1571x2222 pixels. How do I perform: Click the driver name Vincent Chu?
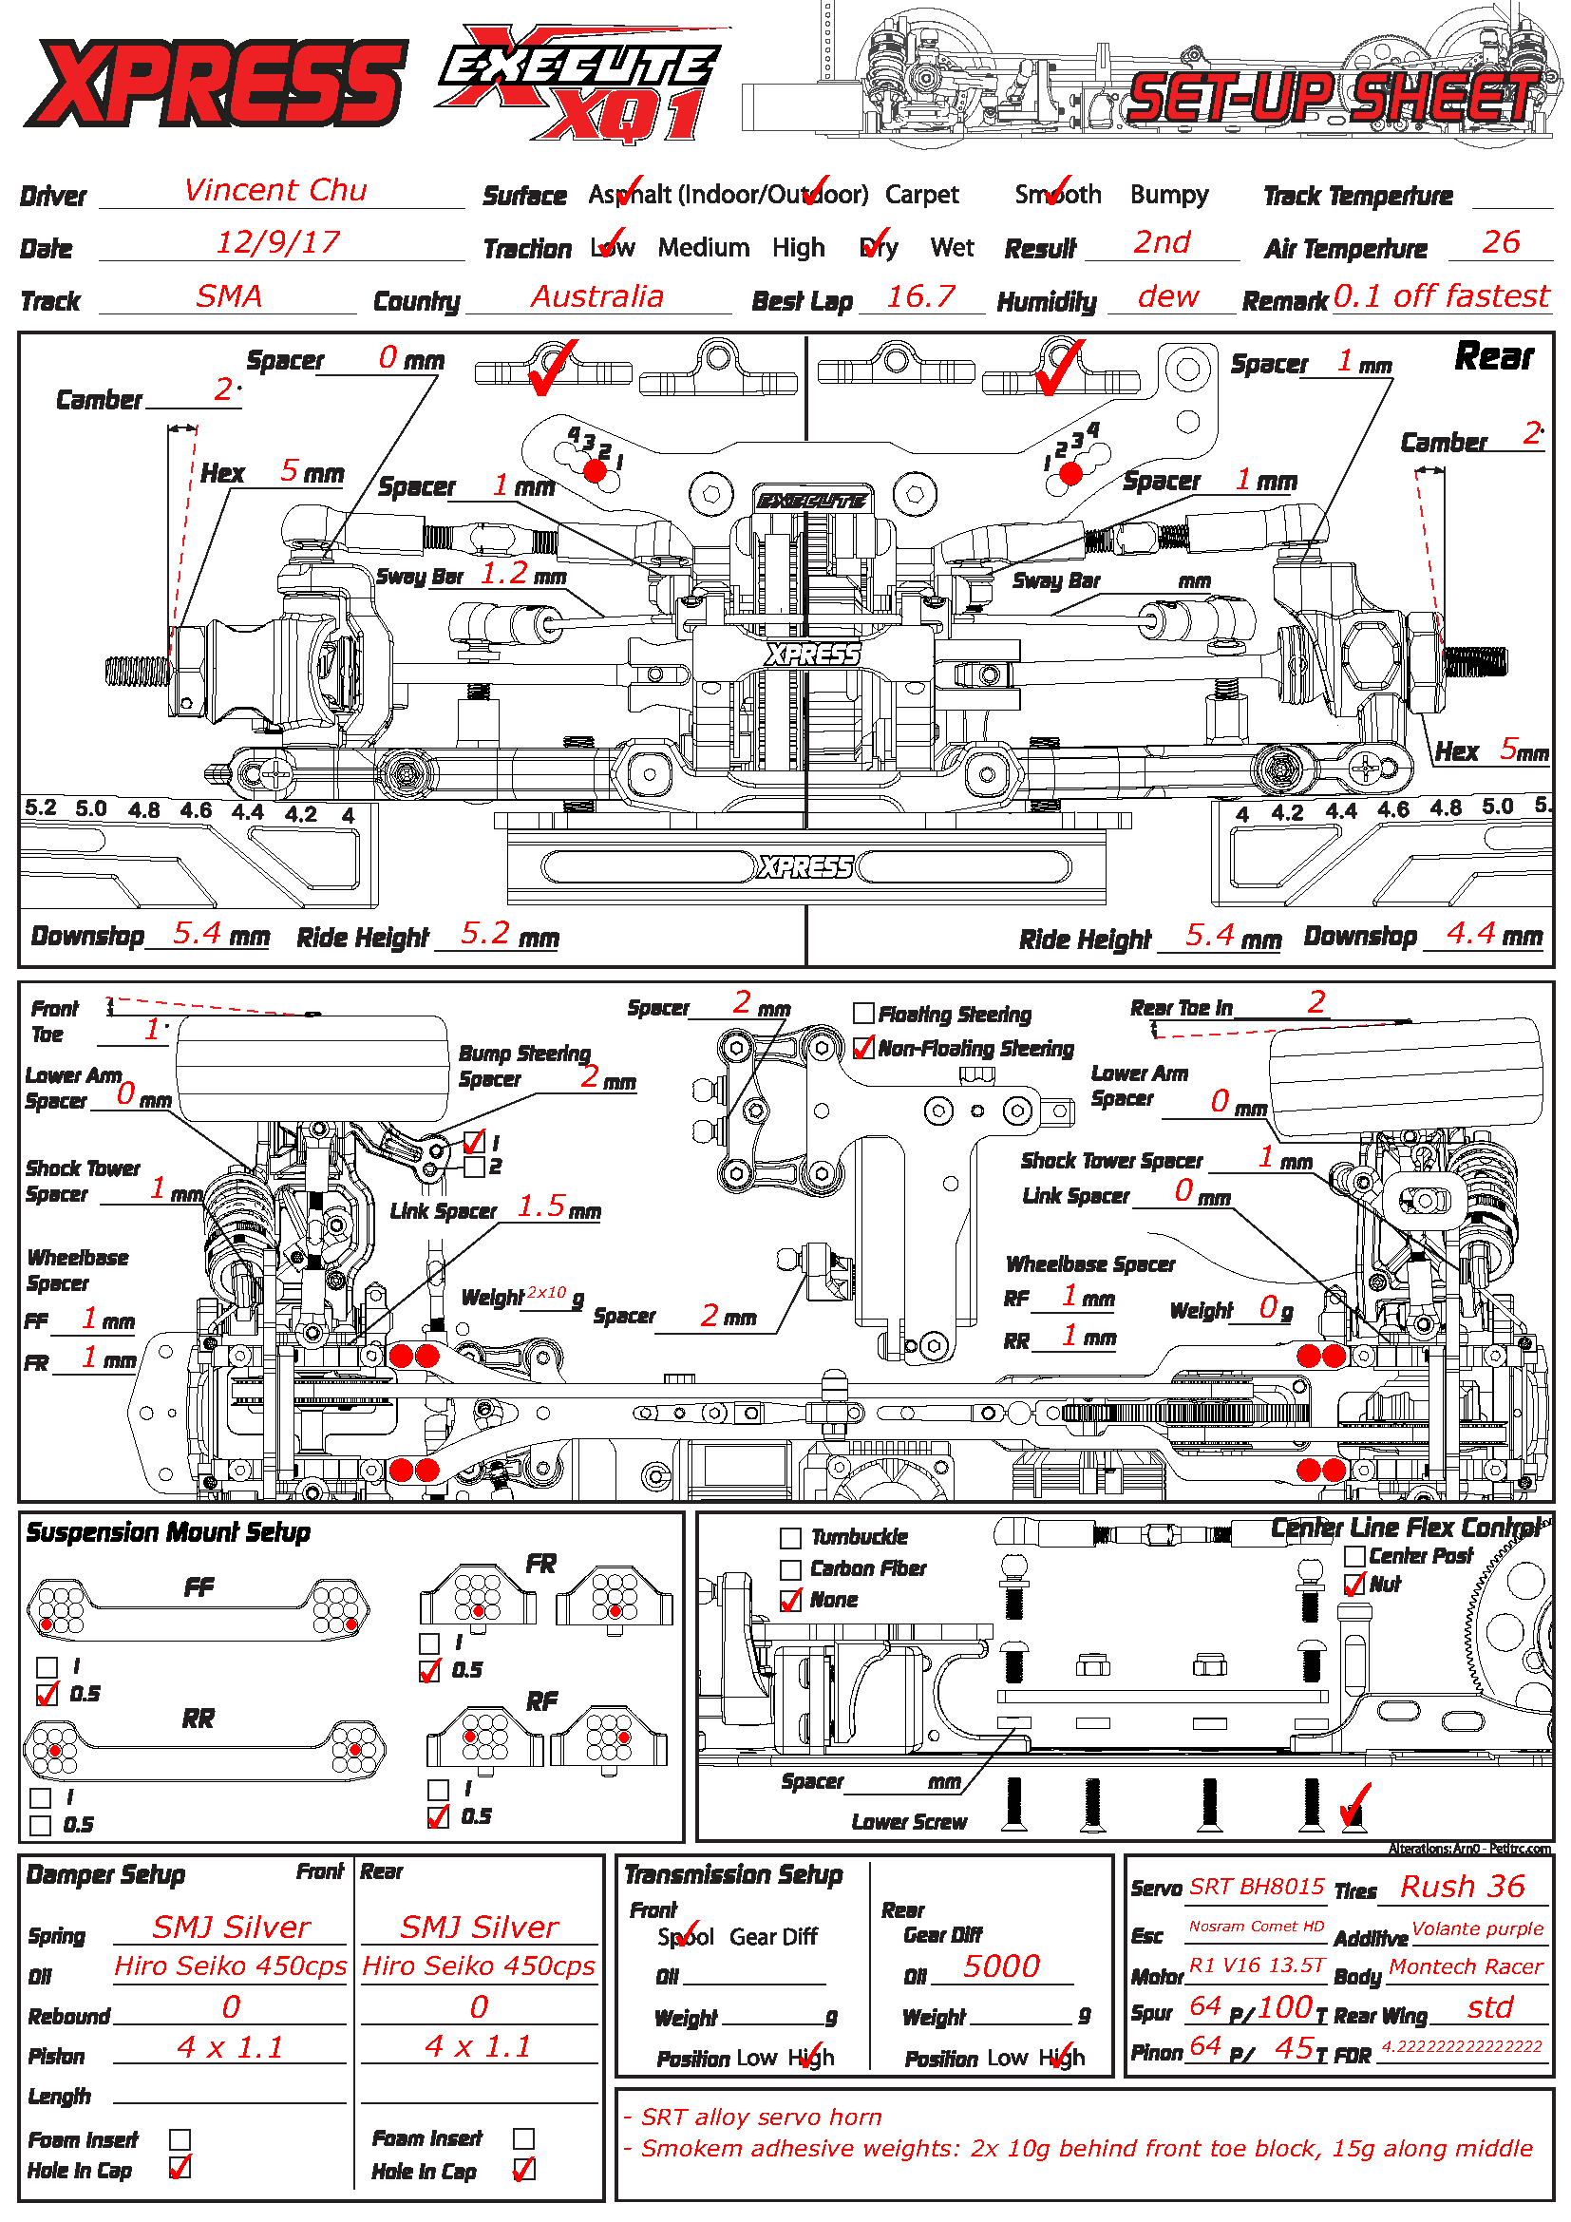pos(275,190)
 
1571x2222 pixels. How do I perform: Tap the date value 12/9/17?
pos(277,242)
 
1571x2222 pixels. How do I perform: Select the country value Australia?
pos(596,296)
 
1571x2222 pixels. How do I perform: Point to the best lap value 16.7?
pos(920,296)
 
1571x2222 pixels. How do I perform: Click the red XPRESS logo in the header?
pos(215,83)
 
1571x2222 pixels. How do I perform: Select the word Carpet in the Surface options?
pos(921,195)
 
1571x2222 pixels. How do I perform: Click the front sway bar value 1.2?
pos(504,573)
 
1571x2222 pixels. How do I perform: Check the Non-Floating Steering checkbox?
pos(863,1048)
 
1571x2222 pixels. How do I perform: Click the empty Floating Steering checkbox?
pos(863,1014)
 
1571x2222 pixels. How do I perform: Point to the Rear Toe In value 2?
pos(1315,1001)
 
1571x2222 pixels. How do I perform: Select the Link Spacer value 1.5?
pos(540,1206)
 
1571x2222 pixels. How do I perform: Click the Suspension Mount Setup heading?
pos(168,1532)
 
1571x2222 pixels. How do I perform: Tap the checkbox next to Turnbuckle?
pos(790,1538)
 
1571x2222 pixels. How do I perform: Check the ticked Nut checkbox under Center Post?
pos(1354,1585)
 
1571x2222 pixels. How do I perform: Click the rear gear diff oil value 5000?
pos(1001,1966)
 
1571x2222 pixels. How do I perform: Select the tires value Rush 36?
pos(1462,1887)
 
